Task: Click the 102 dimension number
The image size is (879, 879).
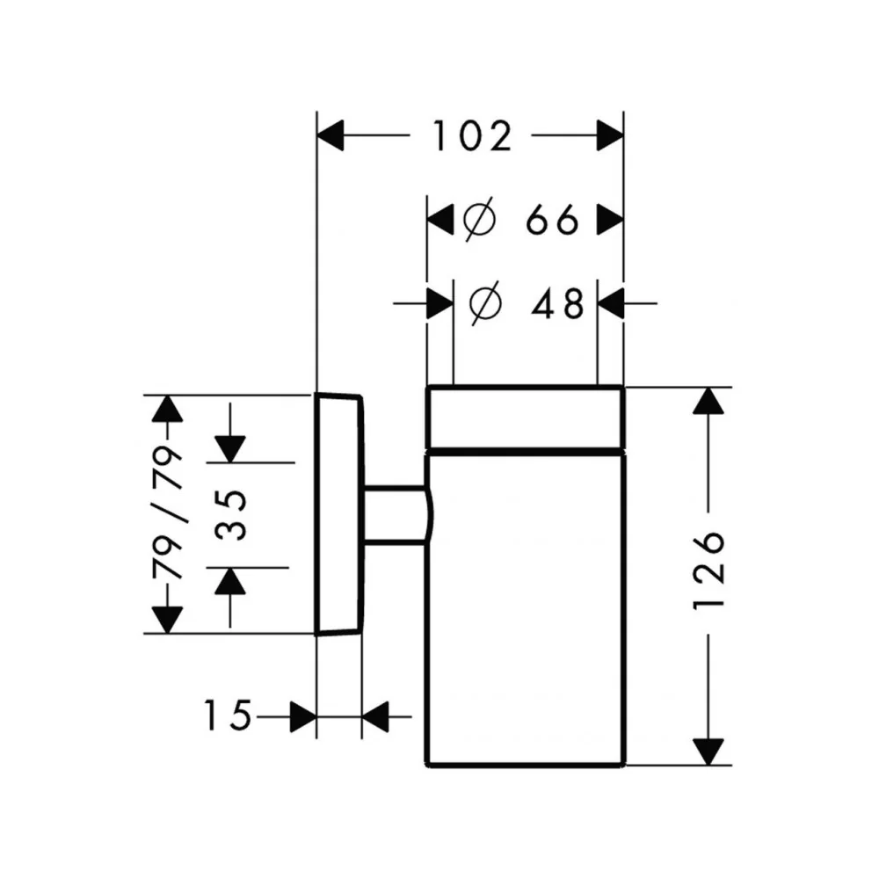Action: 472,136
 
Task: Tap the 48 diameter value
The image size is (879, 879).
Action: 558,304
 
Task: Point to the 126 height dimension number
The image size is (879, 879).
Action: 708,570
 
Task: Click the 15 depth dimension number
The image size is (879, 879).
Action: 227,716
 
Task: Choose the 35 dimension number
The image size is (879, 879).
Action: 230,515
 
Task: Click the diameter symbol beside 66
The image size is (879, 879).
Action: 479,219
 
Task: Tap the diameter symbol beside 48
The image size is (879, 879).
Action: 485,304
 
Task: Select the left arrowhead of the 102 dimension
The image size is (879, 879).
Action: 331,135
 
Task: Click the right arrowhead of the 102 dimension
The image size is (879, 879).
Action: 610,135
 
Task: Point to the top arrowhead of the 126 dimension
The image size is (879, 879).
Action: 708,401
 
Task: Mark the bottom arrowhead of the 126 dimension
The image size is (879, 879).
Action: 708,752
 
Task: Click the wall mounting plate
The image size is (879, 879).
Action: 339,514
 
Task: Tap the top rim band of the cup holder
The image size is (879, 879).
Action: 526,417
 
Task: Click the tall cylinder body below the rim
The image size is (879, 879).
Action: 526,609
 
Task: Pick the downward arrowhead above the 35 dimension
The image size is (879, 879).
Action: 230,449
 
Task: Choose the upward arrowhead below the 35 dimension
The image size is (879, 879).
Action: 230,581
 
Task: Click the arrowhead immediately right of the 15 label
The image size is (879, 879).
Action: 303,716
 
